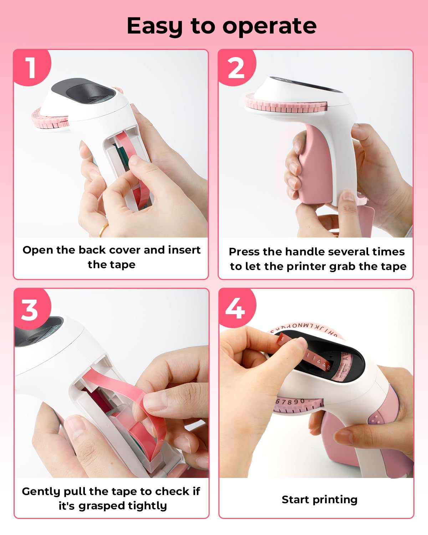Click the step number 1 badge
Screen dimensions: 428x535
[31, 67]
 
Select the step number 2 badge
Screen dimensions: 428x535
[236, 67]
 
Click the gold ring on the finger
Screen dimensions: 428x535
[103, 230]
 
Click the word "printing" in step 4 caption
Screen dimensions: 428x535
[335, 500]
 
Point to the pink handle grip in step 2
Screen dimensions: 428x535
[314, 164]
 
